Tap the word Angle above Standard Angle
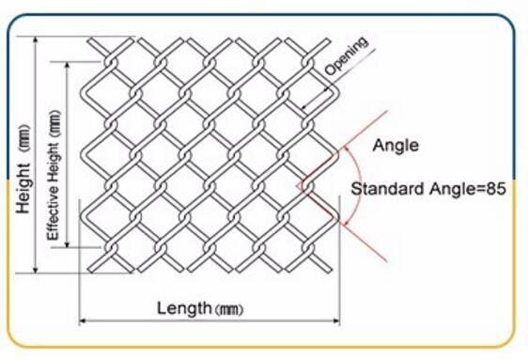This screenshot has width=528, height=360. click(x=396, y=146)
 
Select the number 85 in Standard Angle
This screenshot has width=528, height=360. click(x=498, y=189)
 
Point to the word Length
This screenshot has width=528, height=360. click(x=184, y=307)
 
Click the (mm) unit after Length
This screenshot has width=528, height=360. click(x=230, y=309)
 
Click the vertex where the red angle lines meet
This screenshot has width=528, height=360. click(x=299, y=187)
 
